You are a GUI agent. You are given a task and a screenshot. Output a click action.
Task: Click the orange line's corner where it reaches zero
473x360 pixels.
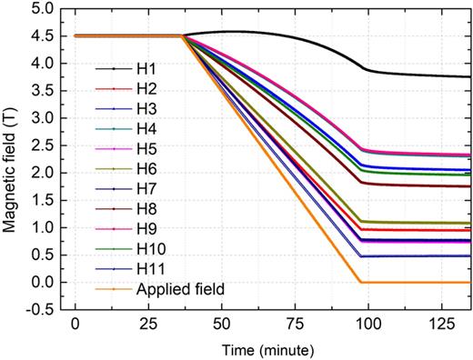[x=362, y=282]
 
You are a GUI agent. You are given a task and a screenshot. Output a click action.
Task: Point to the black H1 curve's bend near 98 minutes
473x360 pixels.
[x=363, y=69]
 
